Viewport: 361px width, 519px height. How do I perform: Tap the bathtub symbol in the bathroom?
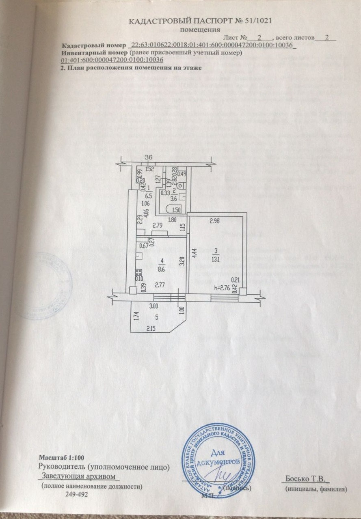[x=174, y=209]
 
